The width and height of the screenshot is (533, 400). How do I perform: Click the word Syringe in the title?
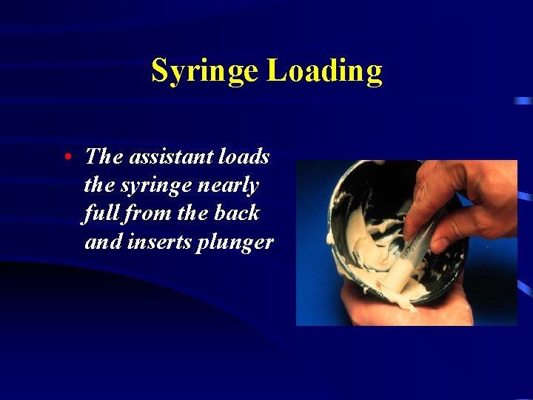tap(205, 72)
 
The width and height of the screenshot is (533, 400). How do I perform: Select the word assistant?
tap(164, 156)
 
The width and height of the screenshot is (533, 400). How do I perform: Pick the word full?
tap(98, 213)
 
